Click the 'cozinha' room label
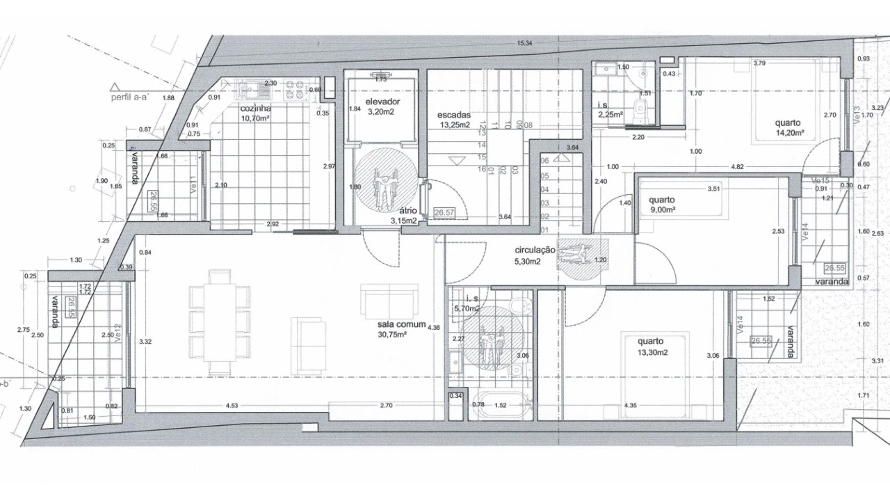(x=255, y=109)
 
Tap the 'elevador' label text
(x=382, y=101)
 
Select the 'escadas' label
(x=454, y=115)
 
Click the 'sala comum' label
(x=401, y=324)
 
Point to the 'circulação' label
(x=534, y=250)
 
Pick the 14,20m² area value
(x=790, y=132)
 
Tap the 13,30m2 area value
(x=652, y=352)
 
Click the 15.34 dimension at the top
(x=524, y=44)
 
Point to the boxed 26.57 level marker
(x=444, y=214)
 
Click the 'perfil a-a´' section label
(x=129, y=98)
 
